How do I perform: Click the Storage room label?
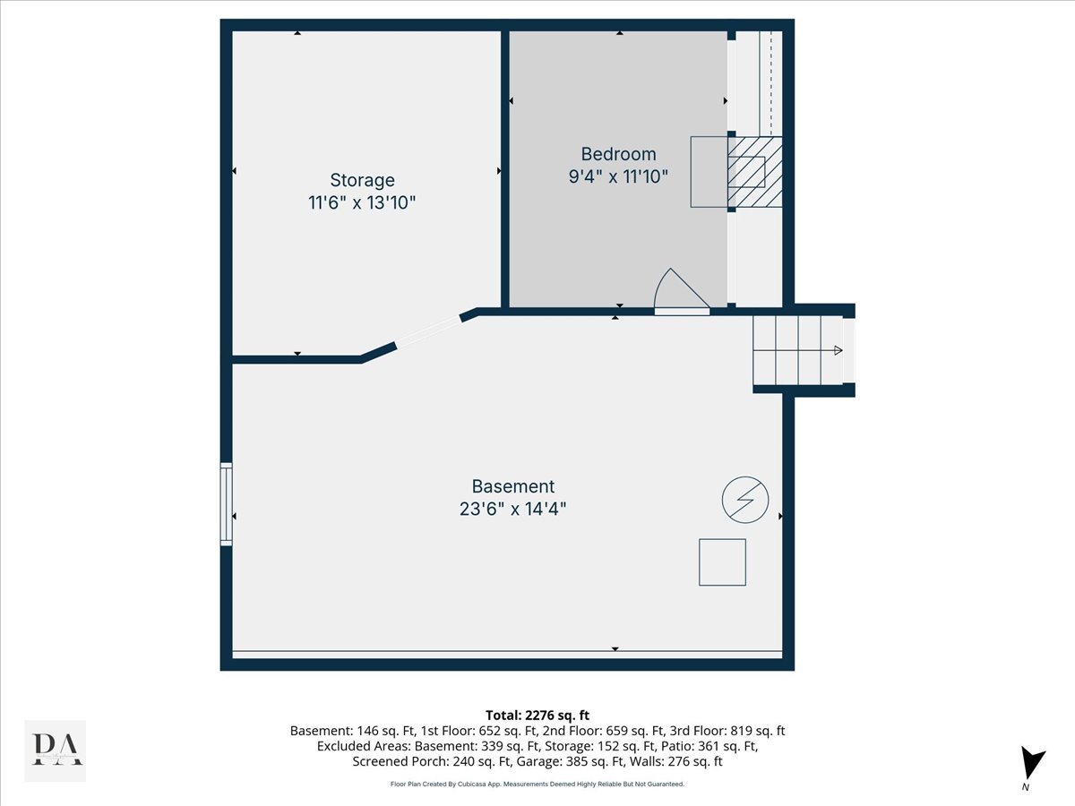(x=362, y=180)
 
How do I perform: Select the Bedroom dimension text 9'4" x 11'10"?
(x=618, y=176)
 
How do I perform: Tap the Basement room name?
(x=513, y=486)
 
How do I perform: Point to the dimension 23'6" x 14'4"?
(x=513, y=509)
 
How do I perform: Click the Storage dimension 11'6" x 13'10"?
(x=362, y=202)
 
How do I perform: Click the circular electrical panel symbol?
(x=745, y=499)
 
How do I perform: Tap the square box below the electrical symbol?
(x=722, y=562)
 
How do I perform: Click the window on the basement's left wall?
(x=226, y=503)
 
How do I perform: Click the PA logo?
(x=56, y=750)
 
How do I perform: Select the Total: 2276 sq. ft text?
(x=537, y=715)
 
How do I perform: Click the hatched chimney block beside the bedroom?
(x=754, y=172)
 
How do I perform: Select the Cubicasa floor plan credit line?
(x=537, y=784)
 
